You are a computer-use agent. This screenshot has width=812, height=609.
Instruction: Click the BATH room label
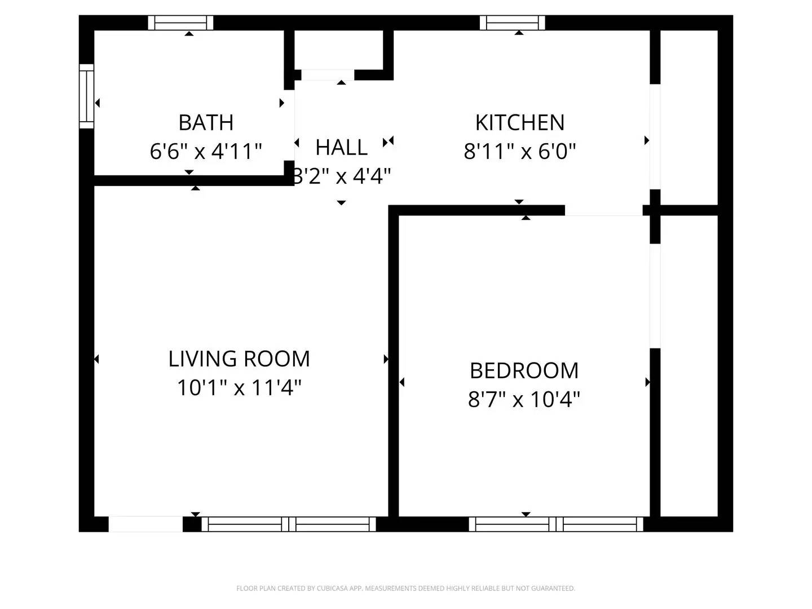pyautogui.click(x=206, y=122)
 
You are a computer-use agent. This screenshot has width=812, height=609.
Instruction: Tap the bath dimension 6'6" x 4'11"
pyautogui.click(x=206, y=151)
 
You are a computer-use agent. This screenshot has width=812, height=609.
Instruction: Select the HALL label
pyautogui.click(x=341, y=147)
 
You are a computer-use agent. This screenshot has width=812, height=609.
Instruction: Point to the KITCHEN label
pyautogui.click(x=519, y=122)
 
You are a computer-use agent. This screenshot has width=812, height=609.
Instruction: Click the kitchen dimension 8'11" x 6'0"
pyautogui.click(x=519, y=151)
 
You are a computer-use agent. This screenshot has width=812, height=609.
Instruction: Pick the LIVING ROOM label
pyautogui.click(x=239, y=359)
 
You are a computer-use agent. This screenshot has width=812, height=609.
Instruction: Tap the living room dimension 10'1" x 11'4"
pyautogui.click(x=239, y=388)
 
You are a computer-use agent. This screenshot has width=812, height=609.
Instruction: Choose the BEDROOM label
pyautogui.click(x=524, y=370)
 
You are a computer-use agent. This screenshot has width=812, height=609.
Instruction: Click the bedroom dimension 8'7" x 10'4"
pyautogui.click(x=524, y=400)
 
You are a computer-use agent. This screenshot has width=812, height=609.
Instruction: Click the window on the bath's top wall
pyautogui.click(x=180, y=23)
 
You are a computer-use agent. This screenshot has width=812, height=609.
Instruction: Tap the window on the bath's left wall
pyautogui.click(x=86, y=96)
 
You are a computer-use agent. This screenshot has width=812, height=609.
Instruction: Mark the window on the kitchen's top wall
pyautogui.click(x=512, y=23)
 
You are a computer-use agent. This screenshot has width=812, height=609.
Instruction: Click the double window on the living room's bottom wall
pyautogui.click(x=289, y=524)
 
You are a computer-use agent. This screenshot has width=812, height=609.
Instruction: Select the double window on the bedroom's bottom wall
pyautogui.click(x=556, y=524)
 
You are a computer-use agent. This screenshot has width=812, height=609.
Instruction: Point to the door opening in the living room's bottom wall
pyautogui.click(x=145, y=524)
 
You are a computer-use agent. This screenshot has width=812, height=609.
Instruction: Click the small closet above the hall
pyautogui.click(x=339, y=51)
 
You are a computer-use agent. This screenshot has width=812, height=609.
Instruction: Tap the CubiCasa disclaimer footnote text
pyautogui.click(x=405, y=588)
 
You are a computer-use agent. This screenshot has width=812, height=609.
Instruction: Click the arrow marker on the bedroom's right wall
pyautogui.click(x=647, y=382)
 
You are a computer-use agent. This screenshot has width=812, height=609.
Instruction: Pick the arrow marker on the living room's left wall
pyautogui.click(x=96, y=359)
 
